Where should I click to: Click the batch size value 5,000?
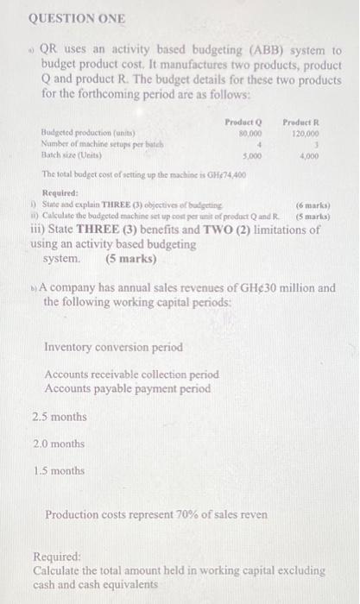[252, 157]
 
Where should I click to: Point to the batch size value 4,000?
[318, 157]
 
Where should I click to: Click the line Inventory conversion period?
[114, 347]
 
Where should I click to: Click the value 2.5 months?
[59, 417]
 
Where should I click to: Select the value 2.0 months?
[59, 444]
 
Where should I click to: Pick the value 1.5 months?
[59, 471]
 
